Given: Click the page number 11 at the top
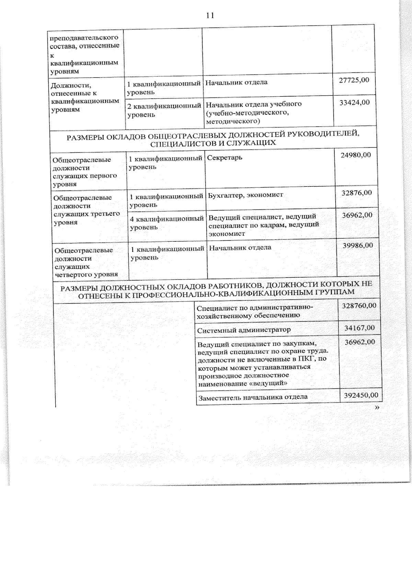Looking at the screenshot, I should point(210,15).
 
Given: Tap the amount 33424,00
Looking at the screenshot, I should point(355,102).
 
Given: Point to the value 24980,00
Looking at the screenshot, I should point(356,155).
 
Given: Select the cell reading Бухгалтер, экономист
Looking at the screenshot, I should point(245,195).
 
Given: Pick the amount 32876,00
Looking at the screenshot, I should point(357,193).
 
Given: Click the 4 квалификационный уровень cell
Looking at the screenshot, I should point(167,222).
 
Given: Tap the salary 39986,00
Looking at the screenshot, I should point(358,245).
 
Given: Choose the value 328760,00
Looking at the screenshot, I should point(359,305).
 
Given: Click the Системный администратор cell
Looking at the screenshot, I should point(244,330).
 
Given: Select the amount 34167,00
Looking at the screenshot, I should point(359,328).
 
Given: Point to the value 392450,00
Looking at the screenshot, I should point(361,395).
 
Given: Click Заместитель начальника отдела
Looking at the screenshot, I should point(253,397).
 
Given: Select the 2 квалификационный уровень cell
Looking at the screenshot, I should point(164,110).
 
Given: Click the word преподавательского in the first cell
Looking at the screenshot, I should point(84,37).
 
